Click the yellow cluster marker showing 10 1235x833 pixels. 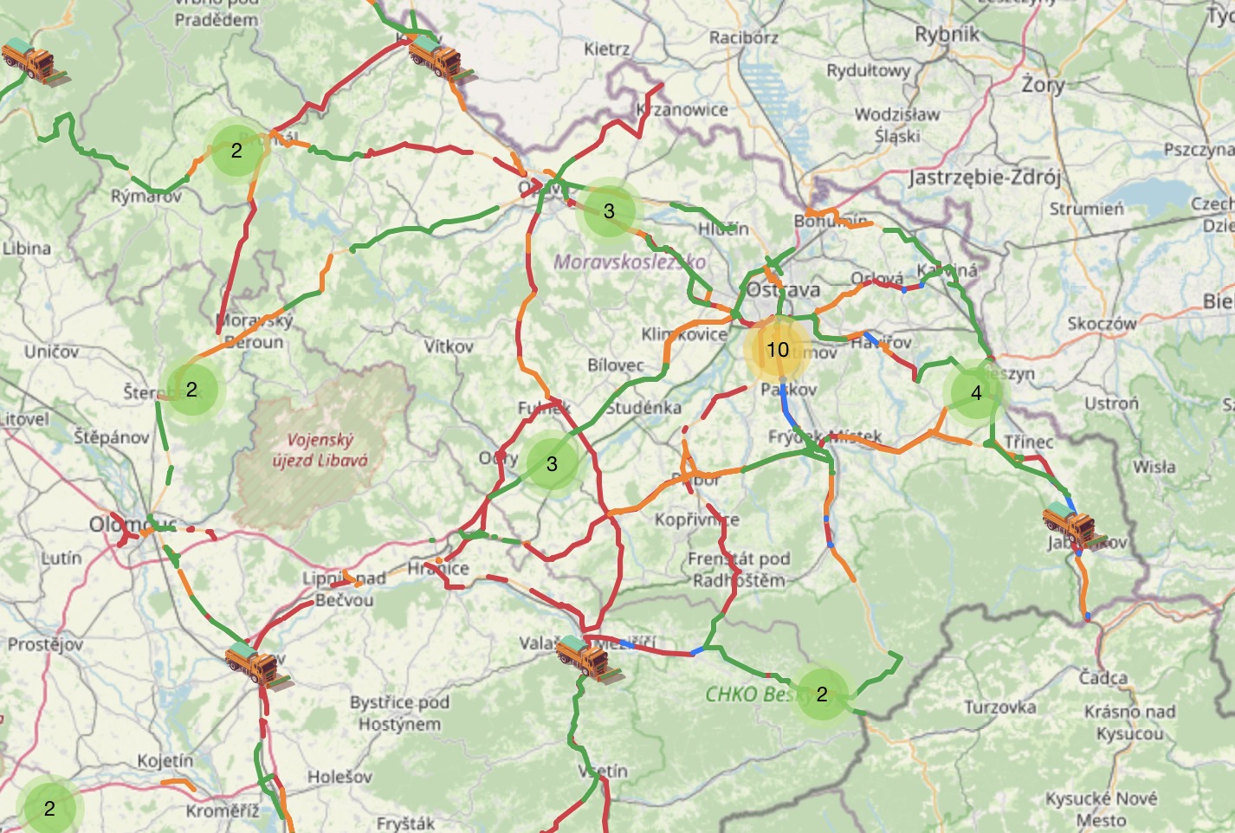(x=778, y=350)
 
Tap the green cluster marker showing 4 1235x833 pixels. (x=976, y=393)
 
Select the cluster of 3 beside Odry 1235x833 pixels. (x=552, y=464)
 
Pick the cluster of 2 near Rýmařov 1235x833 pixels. (x=236, y=151)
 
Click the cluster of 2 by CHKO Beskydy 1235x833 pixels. (x=822, y=694)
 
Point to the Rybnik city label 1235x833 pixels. (x=947, y=35)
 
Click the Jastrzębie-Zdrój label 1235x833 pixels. (x=985, y=178)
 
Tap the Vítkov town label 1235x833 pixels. (x=449, y=346)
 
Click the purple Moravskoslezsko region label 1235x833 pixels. (x=630, y=261)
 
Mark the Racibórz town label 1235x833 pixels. (x=744, y=37)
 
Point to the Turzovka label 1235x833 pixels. (x=1000, y=707)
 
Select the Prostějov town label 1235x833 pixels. (x=45, y=644)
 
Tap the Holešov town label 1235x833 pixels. (x=339, y=777)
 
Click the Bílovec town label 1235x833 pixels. (x=616, y=365)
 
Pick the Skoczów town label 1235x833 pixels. (x=1102, y=324)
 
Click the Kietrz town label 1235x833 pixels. (x=606, y=49)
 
